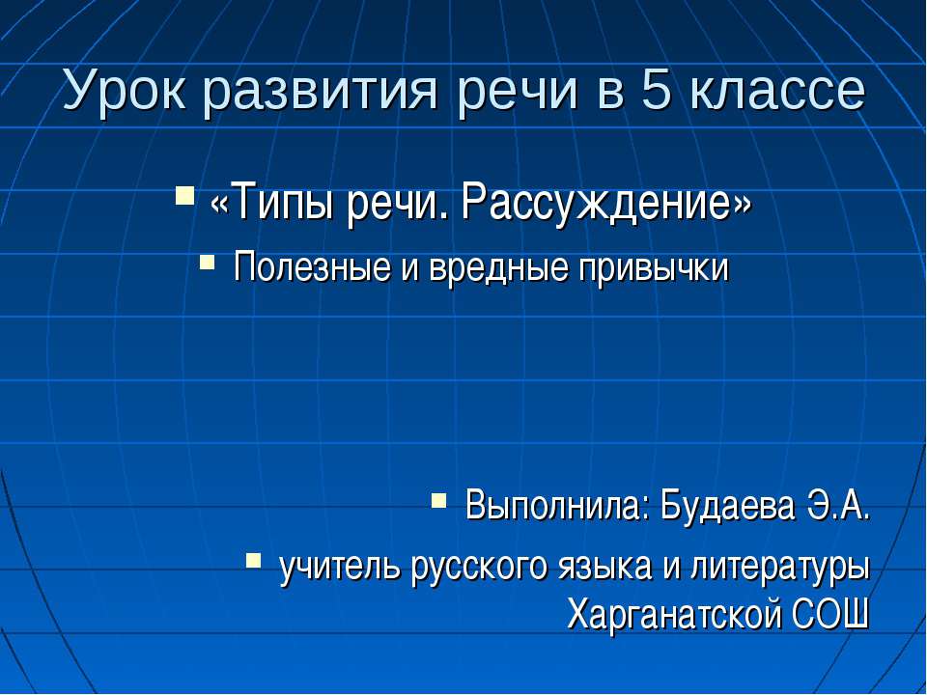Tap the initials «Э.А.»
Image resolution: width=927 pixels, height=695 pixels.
point(839,504)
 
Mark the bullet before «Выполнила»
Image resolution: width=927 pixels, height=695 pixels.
point(438,499)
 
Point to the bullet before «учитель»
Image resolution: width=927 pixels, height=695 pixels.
point(253,560)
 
